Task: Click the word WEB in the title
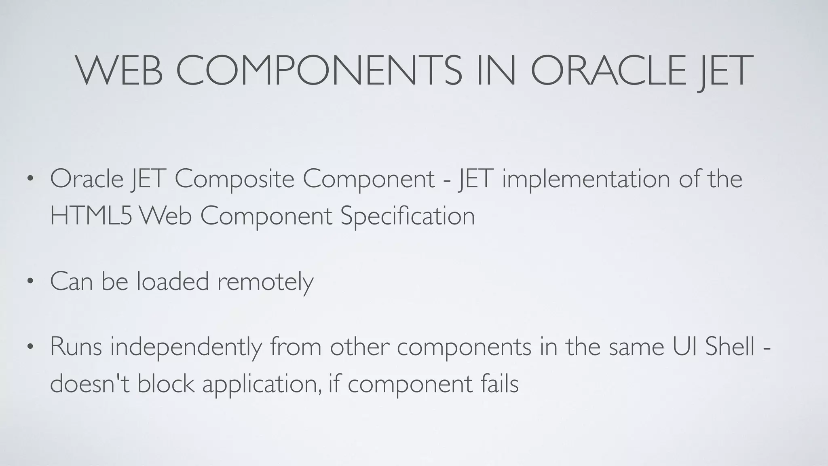(120, 71)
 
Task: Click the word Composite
(234, 179)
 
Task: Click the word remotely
(265, 281)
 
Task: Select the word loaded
(173, 281)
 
